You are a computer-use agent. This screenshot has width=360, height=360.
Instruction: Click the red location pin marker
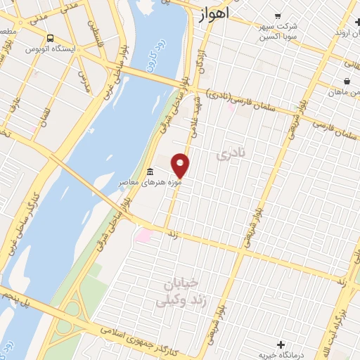click(180, 165)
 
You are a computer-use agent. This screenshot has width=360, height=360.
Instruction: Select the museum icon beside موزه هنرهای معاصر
click(150, 172)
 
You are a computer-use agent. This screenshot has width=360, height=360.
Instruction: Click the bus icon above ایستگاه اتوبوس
click(49, 39)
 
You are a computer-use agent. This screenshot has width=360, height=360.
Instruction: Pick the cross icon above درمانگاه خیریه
click(281, 344)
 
